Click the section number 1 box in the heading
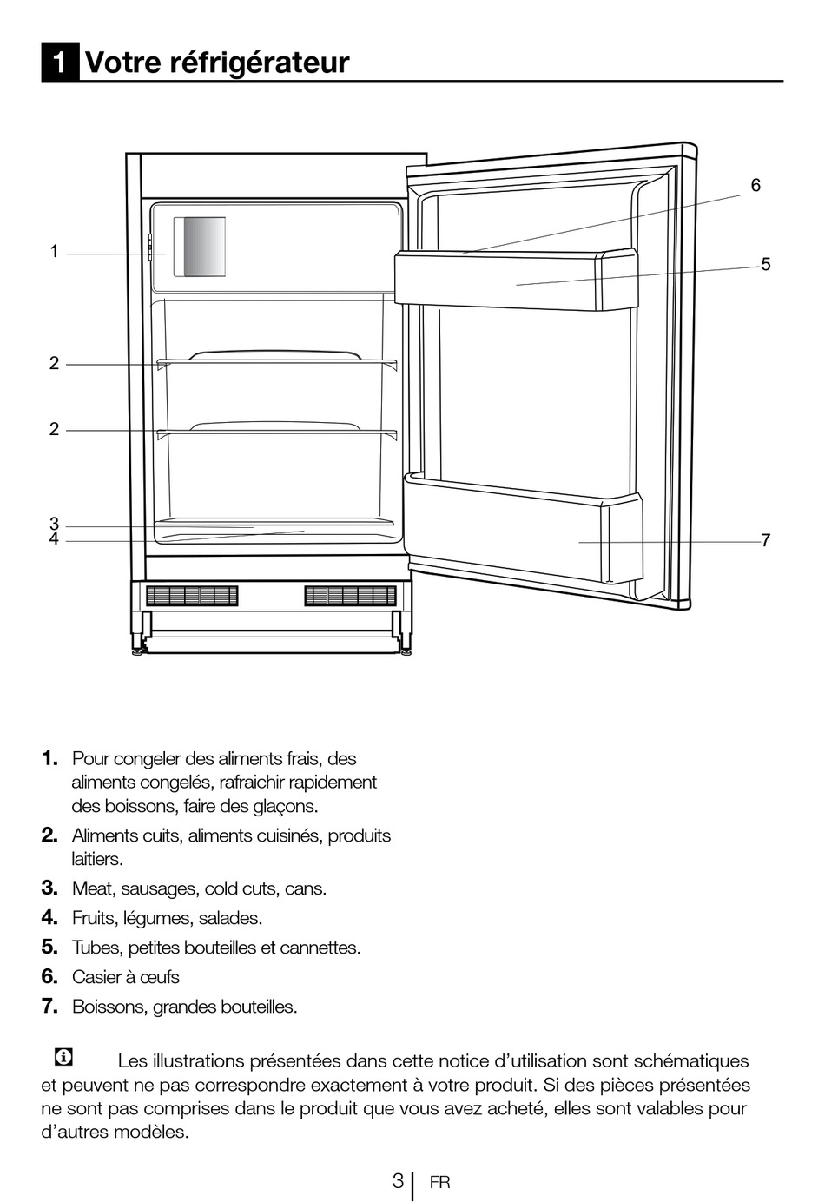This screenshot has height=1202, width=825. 60,63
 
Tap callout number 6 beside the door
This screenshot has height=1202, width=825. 756,185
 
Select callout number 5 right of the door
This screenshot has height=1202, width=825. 765,264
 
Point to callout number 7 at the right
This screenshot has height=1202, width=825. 765,540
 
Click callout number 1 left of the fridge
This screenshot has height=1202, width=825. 54,252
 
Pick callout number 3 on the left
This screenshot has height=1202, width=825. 54,524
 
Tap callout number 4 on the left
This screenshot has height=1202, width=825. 54,539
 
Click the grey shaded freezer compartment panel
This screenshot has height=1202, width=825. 200,247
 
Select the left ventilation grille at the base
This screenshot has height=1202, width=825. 192,596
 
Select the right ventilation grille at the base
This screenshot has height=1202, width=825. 350,596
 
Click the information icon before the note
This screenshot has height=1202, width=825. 63,1057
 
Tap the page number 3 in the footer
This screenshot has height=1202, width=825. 398,1181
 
